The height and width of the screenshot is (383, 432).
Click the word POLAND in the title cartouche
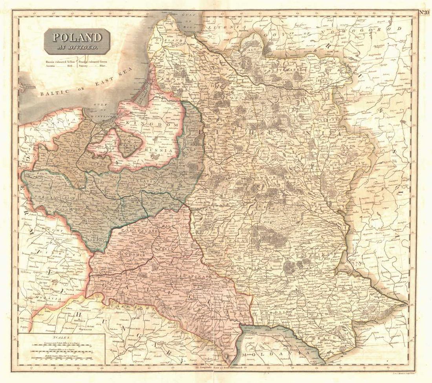click(x=77, y=37)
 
